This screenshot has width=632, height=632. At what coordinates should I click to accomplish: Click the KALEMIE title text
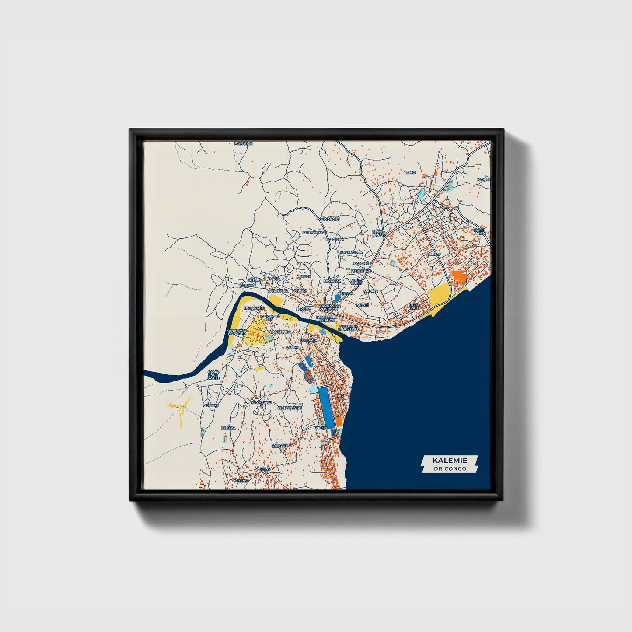pos(450,460)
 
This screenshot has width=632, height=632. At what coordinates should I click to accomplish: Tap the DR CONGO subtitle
pos(450,468)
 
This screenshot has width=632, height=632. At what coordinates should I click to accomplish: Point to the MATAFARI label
pos(244,143)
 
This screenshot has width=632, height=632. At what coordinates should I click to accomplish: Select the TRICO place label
pos(410,173)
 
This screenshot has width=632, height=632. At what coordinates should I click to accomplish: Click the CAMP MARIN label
pos(480,231)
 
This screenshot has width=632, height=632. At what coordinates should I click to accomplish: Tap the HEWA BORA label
pos(377,233)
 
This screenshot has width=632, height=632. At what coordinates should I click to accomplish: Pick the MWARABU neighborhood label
pos(330,219)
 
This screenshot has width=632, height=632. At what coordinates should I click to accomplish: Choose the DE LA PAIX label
pos(414,306)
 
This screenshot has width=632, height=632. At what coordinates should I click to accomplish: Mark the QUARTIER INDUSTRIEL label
pos(348,327)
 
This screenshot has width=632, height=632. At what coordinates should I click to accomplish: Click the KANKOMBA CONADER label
pos(237,333)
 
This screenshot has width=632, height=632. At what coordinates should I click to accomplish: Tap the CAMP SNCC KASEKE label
pos(213,375)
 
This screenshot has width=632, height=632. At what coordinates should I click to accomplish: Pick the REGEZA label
pos(228,428)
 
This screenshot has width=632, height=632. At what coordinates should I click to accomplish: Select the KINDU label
pos(321,428)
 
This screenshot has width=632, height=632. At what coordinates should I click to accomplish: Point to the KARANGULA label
pos(351,252)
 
